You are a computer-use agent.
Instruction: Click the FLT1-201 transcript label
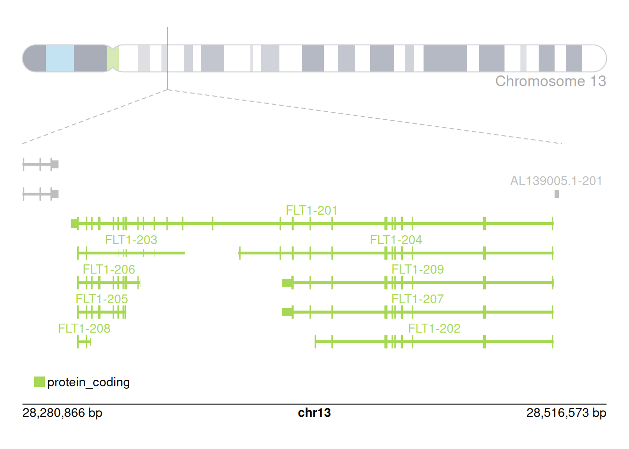point(312,210)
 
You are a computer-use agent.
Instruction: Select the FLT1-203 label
point(131,240)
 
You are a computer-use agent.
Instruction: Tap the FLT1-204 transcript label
point(396,240)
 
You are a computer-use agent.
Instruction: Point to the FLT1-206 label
point(109,269)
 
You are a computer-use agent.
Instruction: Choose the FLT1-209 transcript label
point(417,269)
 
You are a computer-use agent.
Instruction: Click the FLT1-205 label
point(102,299)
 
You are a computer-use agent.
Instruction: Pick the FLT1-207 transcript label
point(417,299)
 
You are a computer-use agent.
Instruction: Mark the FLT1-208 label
point(84,328)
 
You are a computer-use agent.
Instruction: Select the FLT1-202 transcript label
point(434,328)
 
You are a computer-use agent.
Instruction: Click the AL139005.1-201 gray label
point(556,181)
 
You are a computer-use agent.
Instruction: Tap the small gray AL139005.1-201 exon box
point(556,194)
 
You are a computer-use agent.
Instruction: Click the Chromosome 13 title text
point(550,81)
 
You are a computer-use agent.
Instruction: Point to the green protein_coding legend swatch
point(39,382)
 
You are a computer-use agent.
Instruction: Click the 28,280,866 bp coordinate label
point(62,413)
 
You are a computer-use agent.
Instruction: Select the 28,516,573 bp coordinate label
point(566,413)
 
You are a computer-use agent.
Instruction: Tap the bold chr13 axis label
point(314,413)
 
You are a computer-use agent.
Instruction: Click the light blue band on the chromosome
point(60,58)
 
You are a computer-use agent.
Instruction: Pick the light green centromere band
point(112,58)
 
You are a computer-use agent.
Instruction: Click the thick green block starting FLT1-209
point(287,282)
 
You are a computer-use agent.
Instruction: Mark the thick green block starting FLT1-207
point(287,312)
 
